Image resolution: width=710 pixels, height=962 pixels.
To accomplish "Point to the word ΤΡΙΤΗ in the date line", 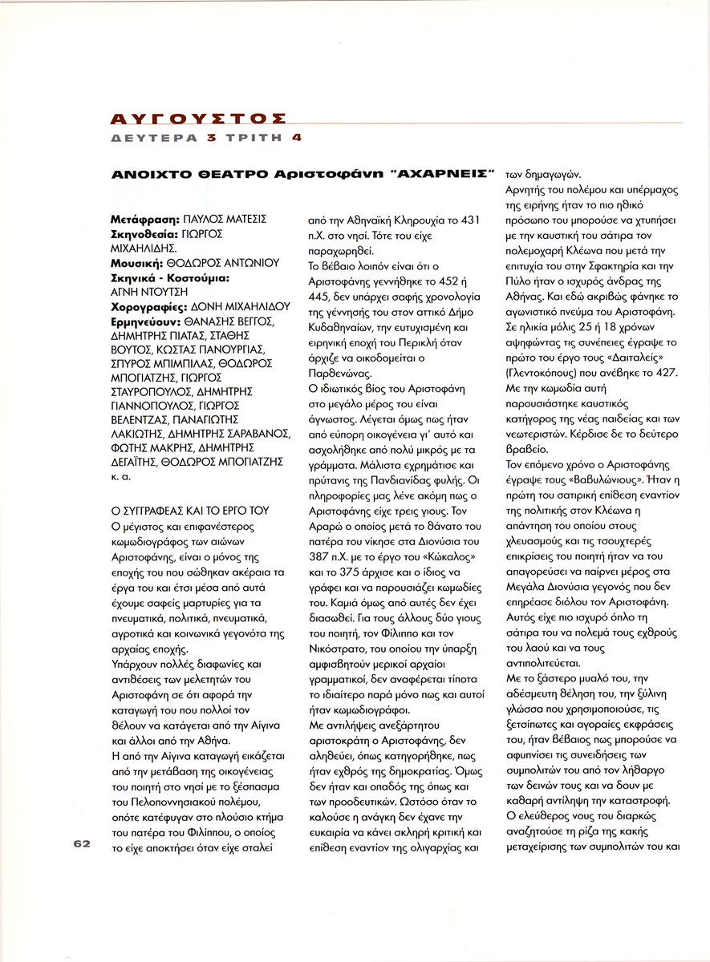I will coord(250,137).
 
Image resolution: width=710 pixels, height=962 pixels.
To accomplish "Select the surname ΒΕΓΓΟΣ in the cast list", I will coord(252,321).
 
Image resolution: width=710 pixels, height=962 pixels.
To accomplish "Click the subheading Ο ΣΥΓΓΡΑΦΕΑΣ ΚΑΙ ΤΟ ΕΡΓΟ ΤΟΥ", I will coord(190,511).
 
